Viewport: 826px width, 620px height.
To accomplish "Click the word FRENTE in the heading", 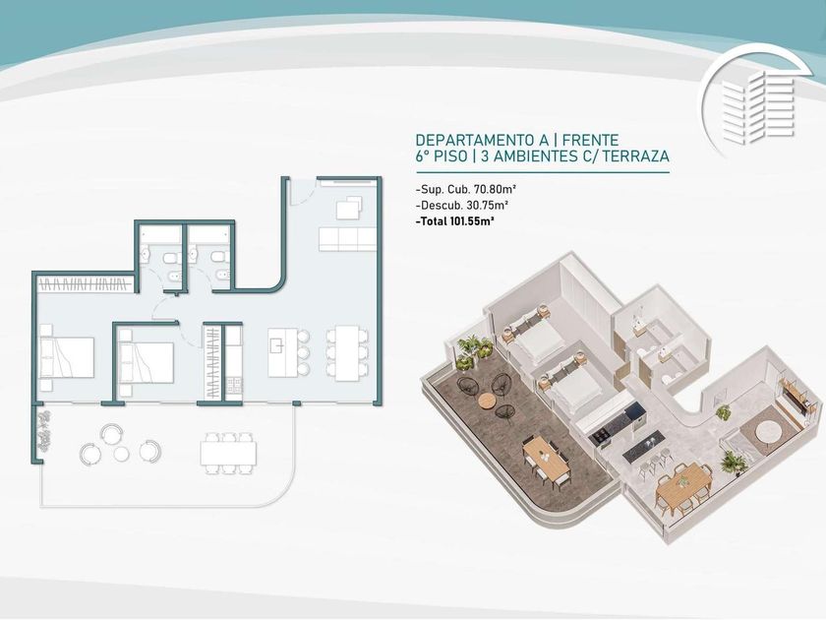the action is point(591,140).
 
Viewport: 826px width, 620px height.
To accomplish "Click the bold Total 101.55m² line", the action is point(455,221).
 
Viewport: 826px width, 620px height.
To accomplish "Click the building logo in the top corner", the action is point(757,101).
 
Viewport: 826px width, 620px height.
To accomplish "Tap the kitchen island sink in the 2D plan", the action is point(276,345).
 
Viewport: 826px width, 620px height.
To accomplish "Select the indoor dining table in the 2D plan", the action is point(347,353).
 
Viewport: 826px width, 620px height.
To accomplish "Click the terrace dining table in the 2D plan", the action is point(228,454).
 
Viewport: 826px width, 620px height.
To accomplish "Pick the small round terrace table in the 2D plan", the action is point(121,454).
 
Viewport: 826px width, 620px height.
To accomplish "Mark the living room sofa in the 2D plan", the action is point(347,239).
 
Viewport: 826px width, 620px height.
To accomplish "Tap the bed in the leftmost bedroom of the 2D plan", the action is point(67,357).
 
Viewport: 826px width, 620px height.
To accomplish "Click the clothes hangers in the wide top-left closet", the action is point(85,285).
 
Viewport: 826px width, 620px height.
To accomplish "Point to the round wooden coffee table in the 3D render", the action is point(488,402).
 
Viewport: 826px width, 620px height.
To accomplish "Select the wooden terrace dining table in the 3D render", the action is point(546,456).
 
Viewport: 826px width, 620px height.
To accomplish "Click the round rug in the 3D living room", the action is point(769,432).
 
